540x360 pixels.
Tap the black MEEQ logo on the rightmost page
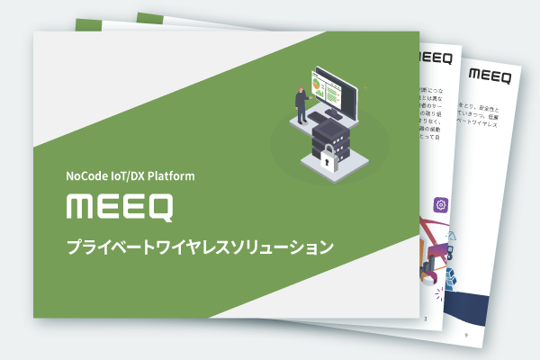[489, 76]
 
